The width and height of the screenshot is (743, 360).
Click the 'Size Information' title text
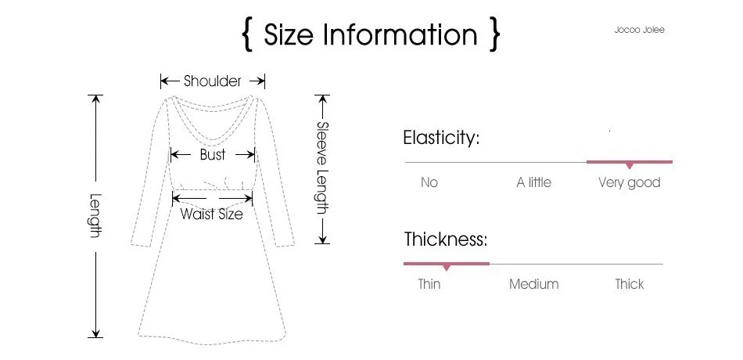(x=370, y=35)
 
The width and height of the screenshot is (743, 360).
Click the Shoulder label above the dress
(x=213, y=81)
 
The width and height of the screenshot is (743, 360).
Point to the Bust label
(x=213, y=154)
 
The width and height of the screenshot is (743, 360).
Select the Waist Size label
(x=211, y=214)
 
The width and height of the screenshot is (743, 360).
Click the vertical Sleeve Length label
(x=321, y=167)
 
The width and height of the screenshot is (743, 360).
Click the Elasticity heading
(x=440, y=139)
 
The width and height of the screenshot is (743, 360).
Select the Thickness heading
(x=445, y=239)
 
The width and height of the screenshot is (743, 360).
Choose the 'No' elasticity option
(x=429, y=182)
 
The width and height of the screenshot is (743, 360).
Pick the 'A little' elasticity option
(x=533, y=182)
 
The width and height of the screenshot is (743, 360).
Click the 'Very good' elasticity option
(x=629, y=182)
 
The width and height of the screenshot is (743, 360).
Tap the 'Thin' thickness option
(x=429, y=284)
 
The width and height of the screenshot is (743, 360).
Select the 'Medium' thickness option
(x=533, y=284)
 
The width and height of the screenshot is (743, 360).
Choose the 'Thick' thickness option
(x=629, y=284)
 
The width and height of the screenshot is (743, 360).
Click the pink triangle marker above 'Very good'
(x=629, y=165)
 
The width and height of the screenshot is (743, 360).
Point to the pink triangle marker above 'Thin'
(x=447, y=267)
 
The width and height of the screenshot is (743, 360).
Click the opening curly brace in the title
(x=248, y=36)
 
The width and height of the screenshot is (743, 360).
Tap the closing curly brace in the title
(x=494, y=36)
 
